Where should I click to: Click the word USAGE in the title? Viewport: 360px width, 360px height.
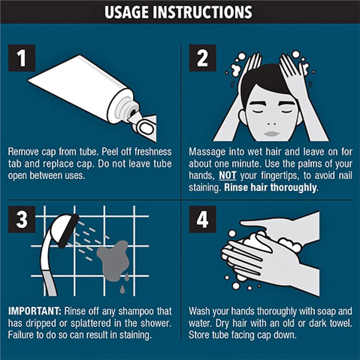(x=126, y=12)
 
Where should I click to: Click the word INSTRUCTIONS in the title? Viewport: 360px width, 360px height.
(x=202, y=12)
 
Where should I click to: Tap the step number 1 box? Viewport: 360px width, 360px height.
(x=22, y=58)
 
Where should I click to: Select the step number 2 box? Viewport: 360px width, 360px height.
(x=202, y=58)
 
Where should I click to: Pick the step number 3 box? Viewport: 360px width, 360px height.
(x=22, y=219)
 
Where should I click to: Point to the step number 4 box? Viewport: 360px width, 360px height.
(x=202, y=219)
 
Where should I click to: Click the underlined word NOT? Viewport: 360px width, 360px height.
(x=227, y=175)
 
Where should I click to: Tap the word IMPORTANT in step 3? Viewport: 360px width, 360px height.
(x=35, y=311)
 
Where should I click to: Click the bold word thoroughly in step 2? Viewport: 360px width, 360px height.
(x=293, y=188)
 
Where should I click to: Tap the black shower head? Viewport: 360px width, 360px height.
(x=68, y=231)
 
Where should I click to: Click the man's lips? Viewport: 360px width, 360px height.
(x=272, y=134)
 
